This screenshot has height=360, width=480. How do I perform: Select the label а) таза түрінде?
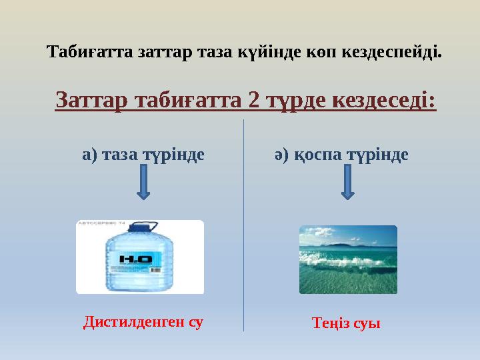pyautogui.click(x=143, y=155)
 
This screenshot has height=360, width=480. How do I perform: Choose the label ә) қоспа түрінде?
pyautogui.click(x=341, y=155)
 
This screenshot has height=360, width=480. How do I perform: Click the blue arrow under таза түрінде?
pyautogui.click(x=143, y=183)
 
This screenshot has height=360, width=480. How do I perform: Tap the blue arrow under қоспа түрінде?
pyautogui.click(x=347, y=183)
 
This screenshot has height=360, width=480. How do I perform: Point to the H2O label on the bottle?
pyautogui.click(x=135, y=259)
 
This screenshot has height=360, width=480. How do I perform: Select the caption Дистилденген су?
pyautogui.click(x=143, y=323)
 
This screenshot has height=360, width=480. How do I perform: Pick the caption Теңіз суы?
pyautogui.click(x=346, y=324)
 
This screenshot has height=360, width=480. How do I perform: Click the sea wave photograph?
pyautogui.click(x=347, y=259)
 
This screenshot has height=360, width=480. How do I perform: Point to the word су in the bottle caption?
pyautogui.click(x=195, y=323)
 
